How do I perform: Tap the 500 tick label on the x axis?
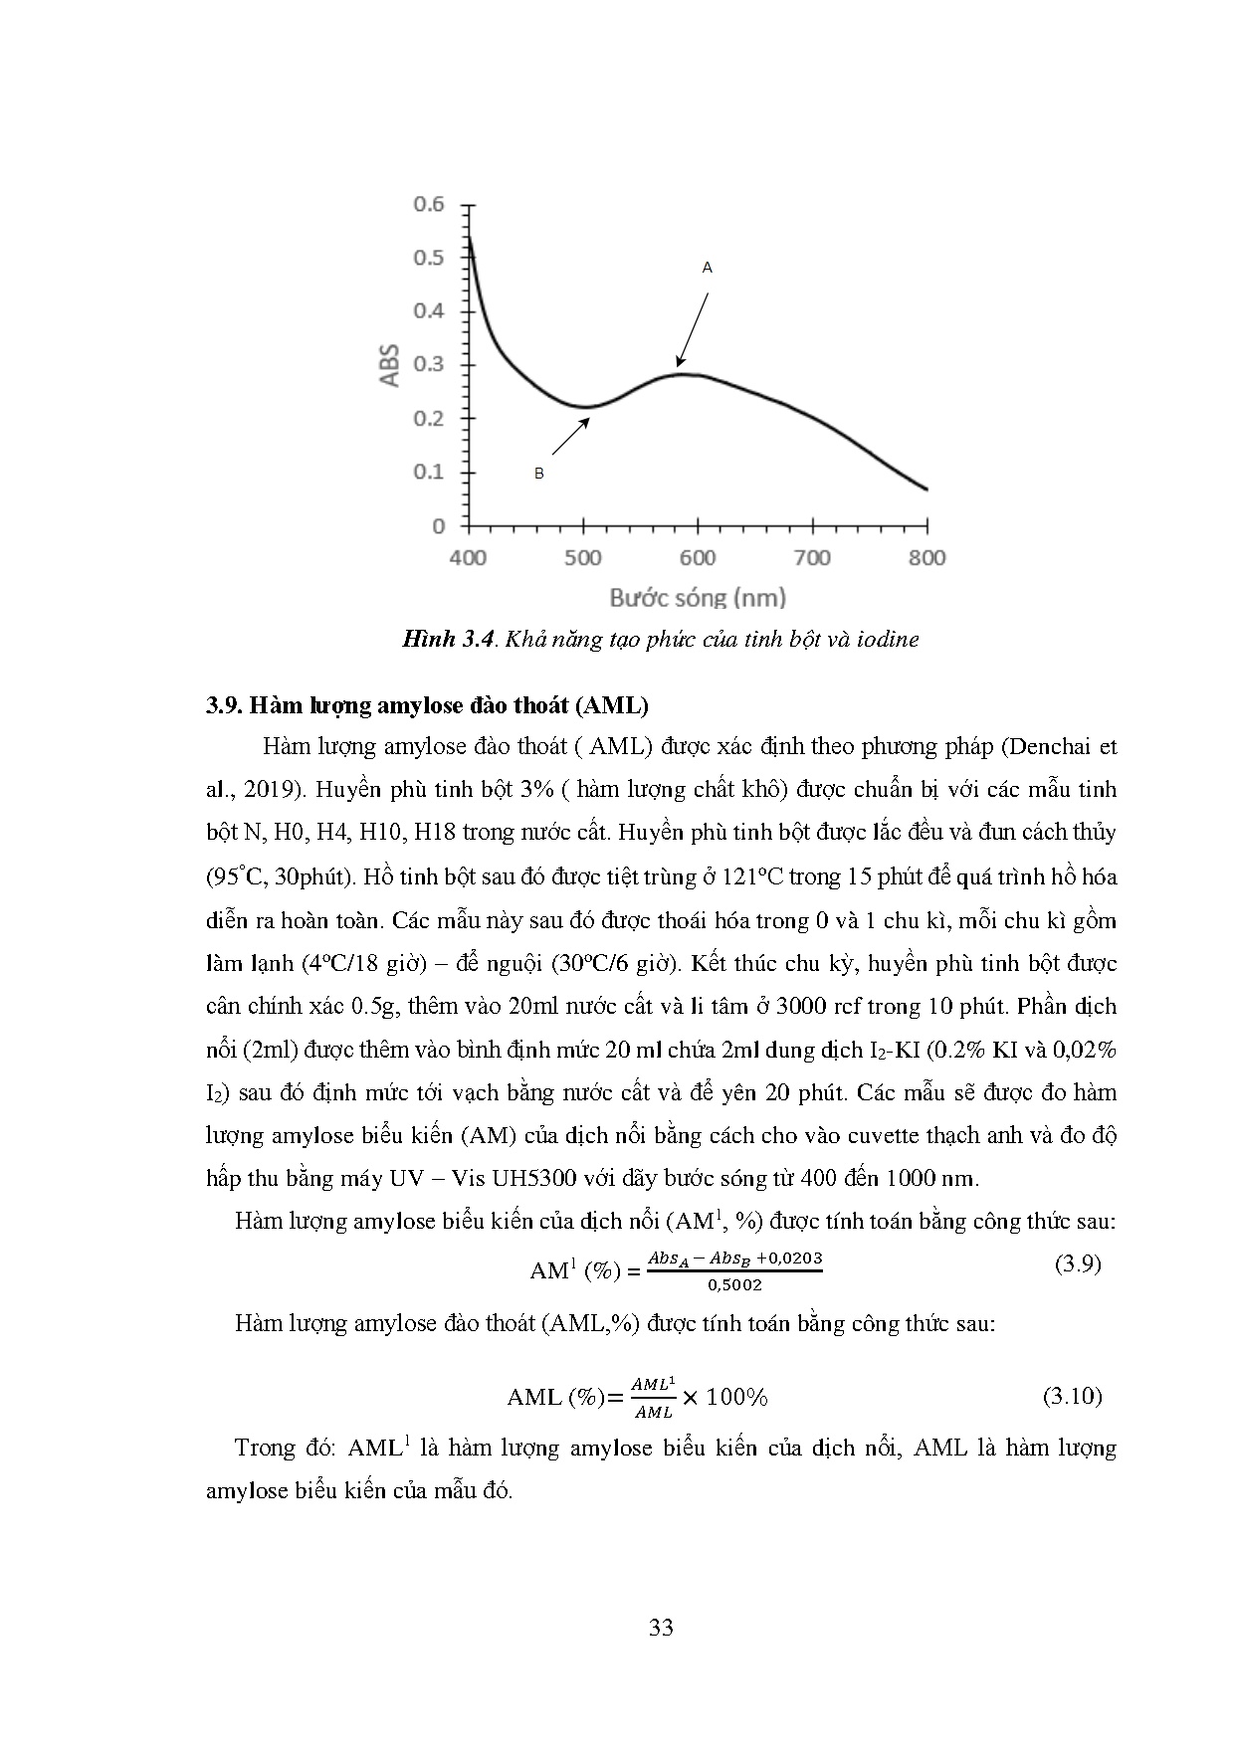point(583,557)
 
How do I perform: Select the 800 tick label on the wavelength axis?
point(926,557)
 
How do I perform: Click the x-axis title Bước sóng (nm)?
point(698,598)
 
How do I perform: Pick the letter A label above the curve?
point(708,268)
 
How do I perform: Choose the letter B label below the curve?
point(539,474)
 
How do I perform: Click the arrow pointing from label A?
point(693,329)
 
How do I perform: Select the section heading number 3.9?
point(223,706)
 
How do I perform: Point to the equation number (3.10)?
point(1073,1396)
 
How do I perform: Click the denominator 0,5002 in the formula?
point(734,1284)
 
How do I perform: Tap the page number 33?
point(661,1628)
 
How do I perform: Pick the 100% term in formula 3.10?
point(737,1397)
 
